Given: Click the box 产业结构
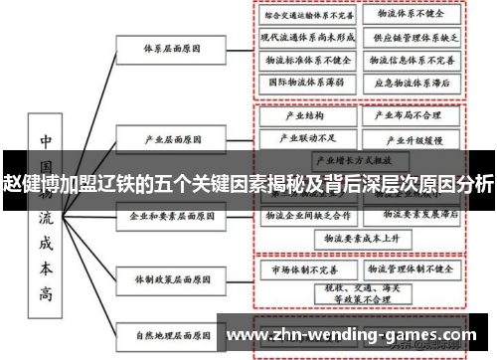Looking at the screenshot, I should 299,115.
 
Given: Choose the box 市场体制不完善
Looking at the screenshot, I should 299,269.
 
